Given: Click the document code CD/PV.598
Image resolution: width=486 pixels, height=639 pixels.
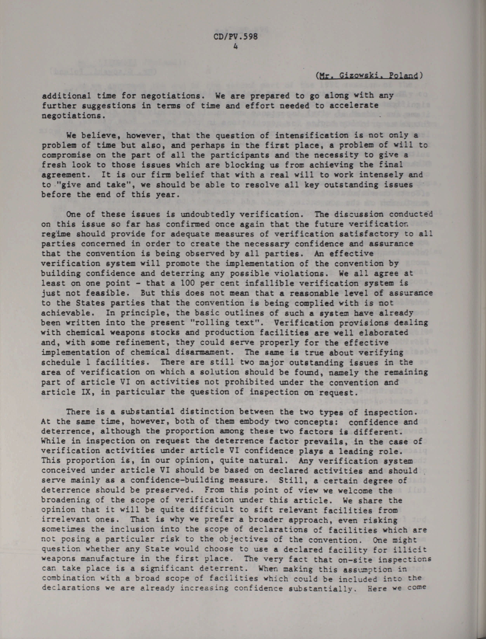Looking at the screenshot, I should point(235,37).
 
